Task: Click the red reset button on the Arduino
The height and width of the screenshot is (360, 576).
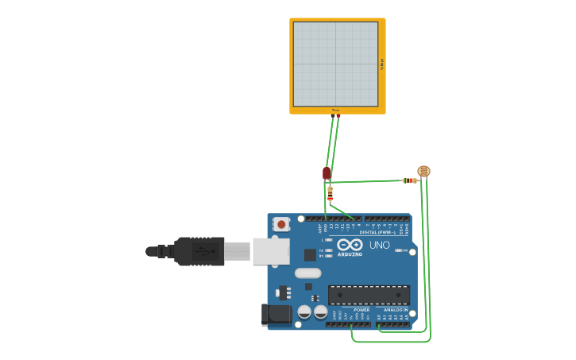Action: [281, 225]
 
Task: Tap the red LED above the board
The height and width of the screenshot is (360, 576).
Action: [327, 172]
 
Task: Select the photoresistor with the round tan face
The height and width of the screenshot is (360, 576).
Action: [423, 171]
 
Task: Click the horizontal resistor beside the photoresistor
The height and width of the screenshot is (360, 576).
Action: [409, 180]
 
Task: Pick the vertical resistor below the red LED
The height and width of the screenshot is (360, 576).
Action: [330, 192]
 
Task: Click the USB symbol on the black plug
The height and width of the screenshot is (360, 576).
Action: [204, 251]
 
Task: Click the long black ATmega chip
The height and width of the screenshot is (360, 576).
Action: [369, 295]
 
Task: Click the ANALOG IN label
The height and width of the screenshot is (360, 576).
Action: [394, 310]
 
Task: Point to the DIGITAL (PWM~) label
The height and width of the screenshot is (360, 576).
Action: [378, 232]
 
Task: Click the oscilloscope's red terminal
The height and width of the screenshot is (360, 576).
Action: [338, 116]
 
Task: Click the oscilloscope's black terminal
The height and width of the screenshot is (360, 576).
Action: [333, 116]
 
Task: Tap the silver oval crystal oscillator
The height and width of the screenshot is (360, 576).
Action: [307, 273]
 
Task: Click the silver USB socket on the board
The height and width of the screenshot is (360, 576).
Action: [270, 251]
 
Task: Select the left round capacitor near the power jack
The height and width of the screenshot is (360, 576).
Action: [304, 312]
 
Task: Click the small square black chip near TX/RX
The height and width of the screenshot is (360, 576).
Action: [310, 255]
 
